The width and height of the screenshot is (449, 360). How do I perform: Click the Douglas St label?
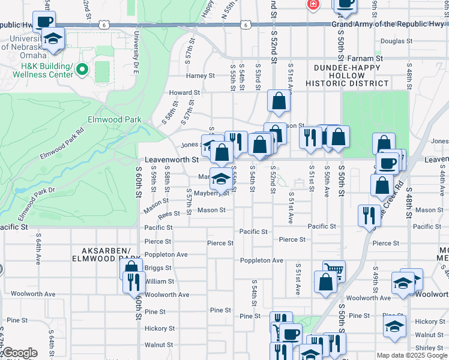click(x=395, y=41)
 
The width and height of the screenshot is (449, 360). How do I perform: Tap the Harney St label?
click(x=200, y=76)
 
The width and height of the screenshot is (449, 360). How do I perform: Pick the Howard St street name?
click(x=184, y=93)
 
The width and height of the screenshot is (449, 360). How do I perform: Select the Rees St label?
click(x=169, y=214)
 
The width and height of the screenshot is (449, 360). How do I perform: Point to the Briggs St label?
click(x=159, y=268)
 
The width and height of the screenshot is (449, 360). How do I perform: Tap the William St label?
click(x=159, y=281)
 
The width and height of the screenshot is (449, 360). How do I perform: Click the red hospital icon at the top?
click(x=313, y=5)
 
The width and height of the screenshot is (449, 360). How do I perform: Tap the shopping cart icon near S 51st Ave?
click(x=334, y=271)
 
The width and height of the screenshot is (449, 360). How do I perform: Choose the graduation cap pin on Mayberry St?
click(x=221, y=178)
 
